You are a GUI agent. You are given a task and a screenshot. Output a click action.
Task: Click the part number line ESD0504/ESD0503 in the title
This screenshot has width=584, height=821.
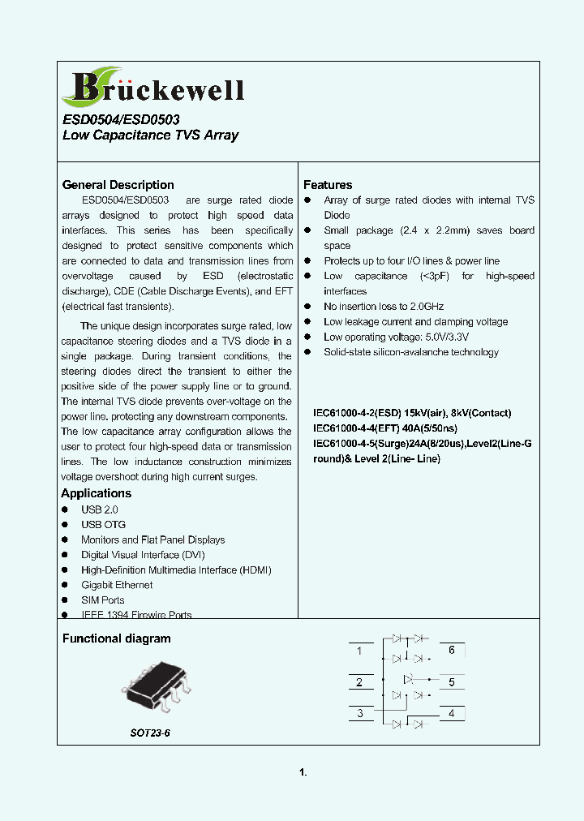(x=121, y=119)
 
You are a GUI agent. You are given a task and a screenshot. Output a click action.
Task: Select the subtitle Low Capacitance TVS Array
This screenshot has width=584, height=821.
(x=150, y=135)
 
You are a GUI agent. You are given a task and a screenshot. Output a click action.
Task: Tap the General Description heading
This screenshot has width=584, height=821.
(x=118, y=185)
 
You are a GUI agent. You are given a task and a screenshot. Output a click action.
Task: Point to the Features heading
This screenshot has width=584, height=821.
(x=328, y=185)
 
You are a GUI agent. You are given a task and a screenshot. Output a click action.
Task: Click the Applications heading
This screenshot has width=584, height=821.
(x=96, y=493)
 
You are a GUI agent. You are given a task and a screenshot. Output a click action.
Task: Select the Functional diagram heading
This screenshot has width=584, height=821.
(x=116, y=638)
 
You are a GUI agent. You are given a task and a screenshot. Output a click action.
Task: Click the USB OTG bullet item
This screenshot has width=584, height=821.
(x=103, y=524)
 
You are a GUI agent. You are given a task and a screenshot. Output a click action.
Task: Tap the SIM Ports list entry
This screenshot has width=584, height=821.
(x=102, y=600)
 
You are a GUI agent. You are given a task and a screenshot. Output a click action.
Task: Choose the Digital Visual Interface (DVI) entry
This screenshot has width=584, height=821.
(x=143, y=555)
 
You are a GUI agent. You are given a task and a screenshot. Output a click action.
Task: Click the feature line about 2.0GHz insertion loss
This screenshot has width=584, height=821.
(x=384, y=307)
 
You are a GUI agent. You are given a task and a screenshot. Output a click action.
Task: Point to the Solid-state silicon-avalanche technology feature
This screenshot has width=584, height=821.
(x=410, y=352)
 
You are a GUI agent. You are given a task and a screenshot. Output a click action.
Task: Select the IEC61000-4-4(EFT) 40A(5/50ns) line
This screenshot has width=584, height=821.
(x=385, y=428)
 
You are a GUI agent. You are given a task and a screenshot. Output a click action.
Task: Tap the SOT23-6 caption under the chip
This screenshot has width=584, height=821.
(x=150, y=733)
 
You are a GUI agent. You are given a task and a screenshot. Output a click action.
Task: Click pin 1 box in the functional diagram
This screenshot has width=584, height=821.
(x=359, y=651)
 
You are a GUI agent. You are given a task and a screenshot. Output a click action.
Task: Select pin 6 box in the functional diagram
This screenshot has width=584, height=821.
(x=452, y=651)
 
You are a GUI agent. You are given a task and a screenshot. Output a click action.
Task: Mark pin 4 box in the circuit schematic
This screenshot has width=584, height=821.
(x=452, y=714)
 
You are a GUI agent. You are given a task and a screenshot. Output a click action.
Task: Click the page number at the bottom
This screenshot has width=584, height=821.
(x=303, y=772)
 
